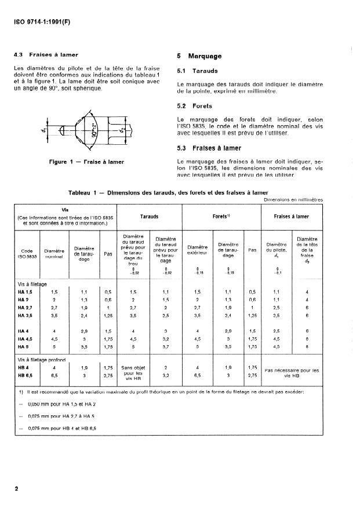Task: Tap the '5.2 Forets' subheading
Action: coord(197,107)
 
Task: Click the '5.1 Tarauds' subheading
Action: coord(198,71)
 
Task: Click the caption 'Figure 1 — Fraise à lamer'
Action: coord(85,162)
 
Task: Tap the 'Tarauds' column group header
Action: coord(152,216)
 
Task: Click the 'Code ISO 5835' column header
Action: coord(27,254)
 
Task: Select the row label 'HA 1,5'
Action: coord(25,292)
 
